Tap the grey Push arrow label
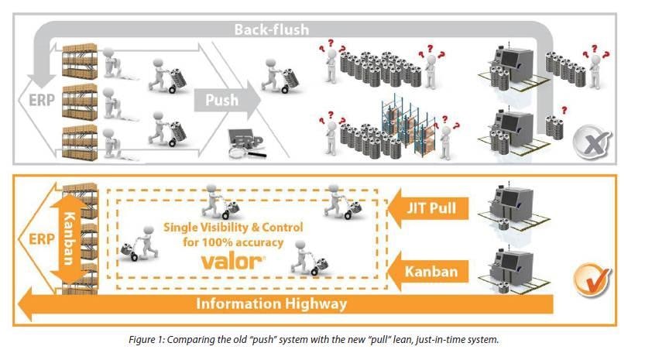point(222,100)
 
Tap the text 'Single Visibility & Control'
point(233,228)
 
